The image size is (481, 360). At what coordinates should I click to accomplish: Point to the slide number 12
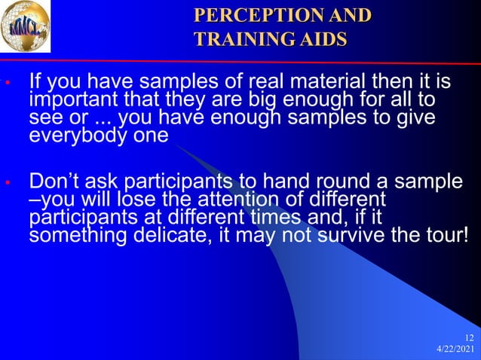470,337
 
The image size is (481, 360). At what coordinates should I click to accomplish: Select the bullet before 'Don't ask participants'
6,183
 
